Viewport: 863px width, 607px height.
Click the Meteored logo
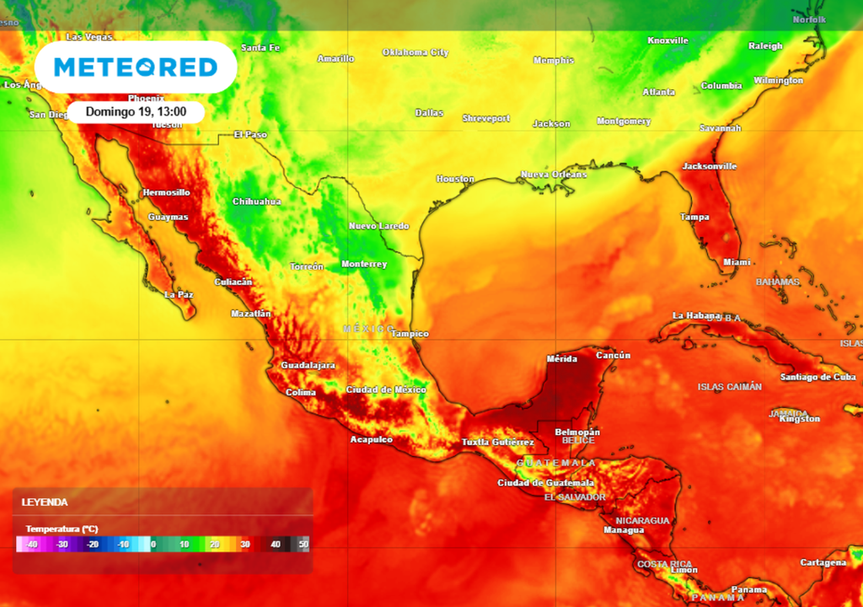pos(136,67)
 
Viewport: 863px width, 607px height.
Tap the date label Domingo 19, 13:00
pos(136,111)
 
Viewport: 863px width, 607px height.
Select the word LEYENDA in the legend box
pos(45,502)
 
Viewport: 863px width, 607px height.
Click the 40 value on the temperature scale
pos(275,545)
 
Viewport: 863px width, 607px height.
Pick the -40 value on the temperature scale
pos(32,545)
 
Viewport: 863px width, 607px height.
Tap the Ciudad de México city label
pos(386,389)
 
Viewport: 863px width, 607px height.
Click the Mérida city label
pos(562,359)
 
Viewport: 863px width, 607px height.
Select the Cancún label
pos(613,355)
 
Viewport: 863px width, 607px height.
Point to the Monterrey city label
pos(364,265)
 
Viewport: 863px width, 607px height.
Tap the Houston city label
pos(455,179)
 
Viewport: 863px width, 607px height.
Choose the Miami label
pos(737,262)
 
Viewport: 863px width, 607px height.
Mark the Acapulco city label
pos(372,439)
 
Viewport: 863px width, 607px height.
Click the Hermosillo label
pos(166,192)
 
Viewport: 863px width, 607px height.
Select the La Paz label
pos(179,295)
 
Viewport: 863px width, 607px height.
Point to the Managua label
pos(624,530)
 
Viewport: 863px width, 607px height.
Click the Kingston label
pos(799,419)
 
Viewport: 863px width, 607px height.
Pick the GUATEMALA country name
pos(556,463)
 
